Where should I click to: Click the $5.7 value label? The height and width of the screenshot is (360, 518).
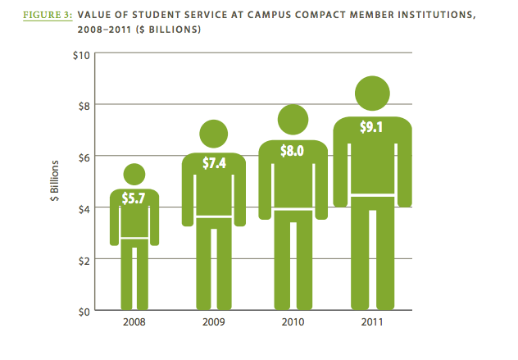coord(134,198)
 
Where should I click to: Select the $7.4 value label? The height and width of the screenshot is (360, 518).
coord(214,163)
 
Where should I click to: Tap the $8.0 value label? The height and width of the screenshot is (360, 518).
coord(293,152)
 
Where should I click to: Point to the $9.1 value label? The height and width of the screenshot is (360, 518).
coord(373,128)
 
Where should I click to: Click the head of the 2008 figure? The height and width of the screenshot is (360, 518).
coord(134,173)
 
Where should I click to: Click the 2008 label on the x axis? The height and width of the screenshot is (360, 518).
coord(134,322)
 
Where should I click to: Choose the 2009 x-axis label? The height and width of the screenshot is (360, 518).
coord(214,322)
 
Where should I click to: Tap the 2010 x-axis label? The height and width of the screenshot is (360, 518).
coord(293,322)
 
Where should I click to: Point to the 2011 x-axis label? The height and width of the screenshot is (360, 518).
coord(373,322)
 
